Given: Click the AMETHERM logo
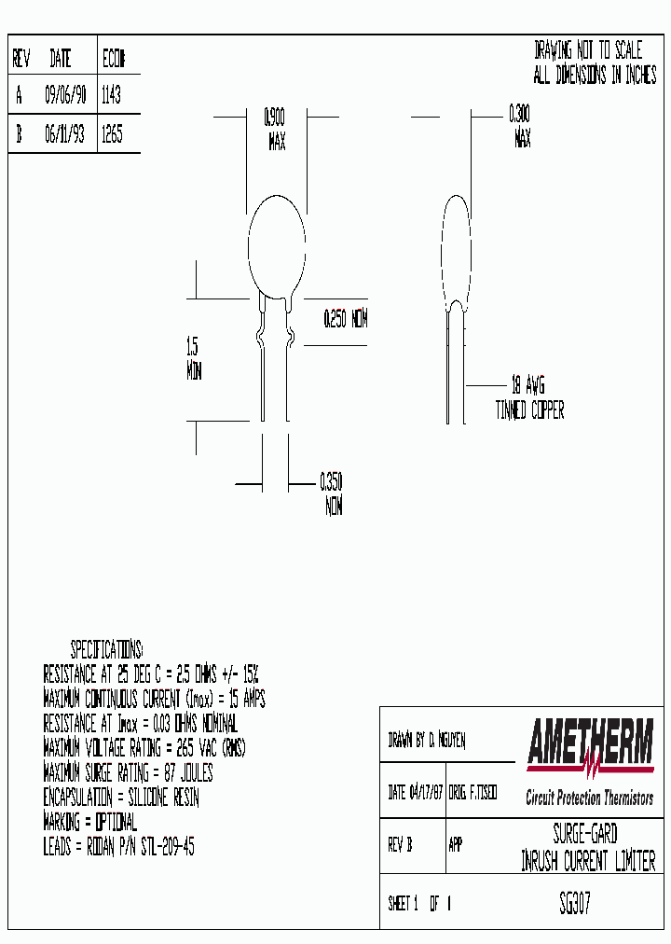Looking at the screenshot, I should point(590,746).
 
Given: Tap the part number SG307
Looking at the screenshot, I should point(574,904).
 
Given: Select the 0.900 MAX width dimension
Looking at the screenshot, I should point(275,130).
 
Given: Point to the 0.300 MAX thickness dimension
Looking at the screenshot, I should point(520,127).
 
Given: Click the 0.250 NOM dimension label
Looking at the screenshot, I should point(345,319).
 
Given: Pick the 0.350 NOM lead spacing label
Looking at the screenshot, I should point(332,494).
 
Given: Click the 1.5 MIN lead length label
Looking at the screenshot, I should point(193,359).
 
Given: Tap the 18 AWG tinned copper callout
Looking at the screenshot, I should point(528,397).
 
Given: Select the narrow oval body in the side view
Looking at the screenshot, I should point(454,247).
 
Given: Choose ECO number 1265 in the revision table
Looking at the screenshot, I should point(111,134).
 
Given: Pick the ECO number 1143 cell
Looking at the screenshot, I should point(111,95).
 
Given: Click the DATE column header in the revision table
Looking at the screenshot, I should point(61,60).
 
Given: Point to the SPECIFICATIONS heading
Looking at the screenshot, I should point(107,649).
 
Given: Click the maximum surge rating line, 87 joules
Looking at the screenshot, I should point(129,773).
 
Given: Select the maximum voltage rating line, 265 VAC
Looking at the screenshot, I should point(144,748).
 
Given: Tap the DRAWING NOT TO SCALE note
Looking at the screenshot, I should point(588,51).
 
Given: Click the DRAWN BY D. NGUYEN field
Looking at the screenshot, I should point(426,741).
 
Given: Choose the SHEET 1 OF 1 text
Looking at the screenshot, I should point(419,904).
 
